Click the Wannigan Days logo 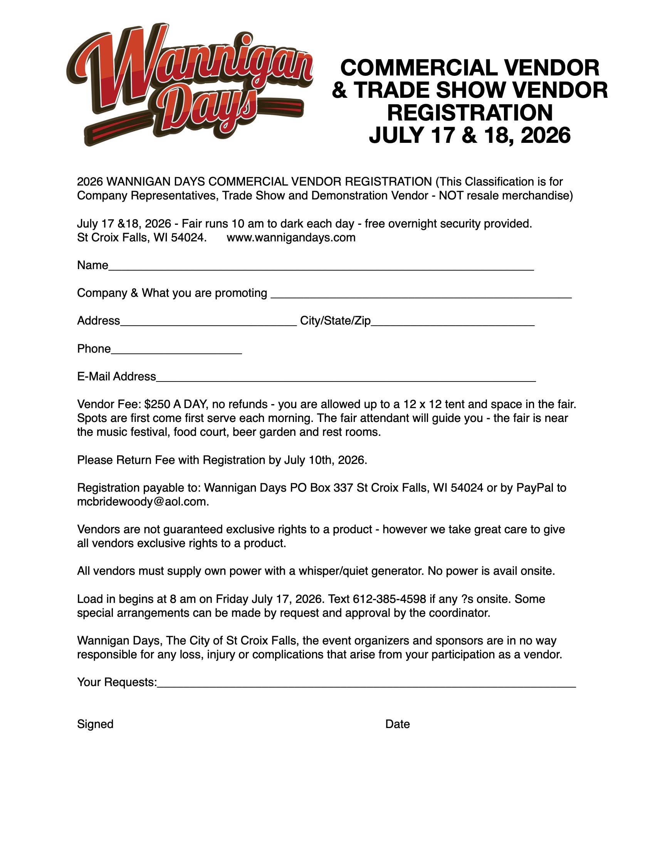tap(189, 84)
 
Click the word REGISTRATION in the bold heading tap(470, 113)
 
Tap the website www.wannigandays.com tap(291, 237)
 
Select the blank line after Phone tap(176, 351)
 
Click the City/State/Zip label tap(335, 321)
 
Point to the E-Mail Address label tap(116, 377)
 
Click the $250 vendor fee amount tap(157, 405)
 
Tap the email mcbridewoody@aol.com tap(142, 502)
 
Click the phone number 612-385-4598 tap(389, 599)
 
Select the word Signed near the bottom tap(95, 724)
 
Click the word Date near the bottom tap(397, 724)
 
